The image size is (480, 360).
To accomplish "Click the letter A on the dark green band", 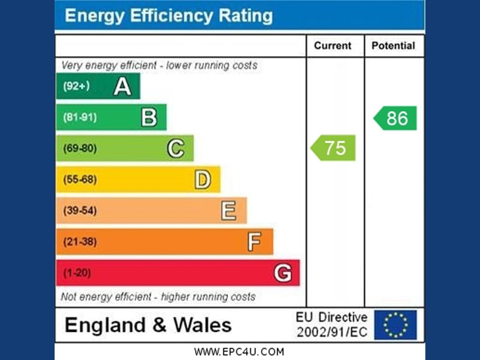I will (122, 86).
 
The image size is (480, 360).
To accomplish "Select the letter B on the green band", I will (149, 118).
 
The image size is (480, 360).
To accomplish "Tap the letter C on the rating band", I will (175, 148).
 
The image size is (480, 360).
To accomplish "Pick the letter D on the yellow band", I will (202, 179).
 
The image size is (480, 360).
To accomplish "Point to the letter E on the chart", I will (228, 211).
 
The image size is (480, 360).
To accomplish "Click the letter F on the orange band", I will (254, 242).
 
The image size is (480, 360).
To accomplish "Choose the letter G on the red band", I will (283, 273).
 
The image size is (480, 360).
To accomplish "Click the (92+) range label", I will (76, 86).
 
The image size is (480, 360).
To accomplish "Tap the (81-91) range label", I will (79, 118).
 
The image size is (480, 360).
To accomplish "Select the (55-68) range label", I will (79, 179).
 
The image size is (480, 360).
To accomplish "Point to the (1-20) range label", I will (76, 273).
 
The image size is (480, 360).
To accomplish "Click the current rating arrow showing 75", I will (334, 148).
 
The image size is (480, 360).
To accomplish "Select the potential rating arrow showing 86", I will (395, 118).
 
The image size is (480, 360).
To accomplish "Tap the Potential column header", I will (393, 46).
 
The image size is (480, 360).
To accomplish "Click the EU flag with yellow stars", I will (395, 325).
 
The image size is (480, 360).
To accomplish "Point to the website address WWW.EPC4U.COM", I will (239, 352).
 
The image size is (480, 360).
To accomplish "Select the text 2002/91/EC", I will (332, 332).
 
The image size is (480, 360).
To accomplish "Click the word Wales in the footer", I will (202, 325).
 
